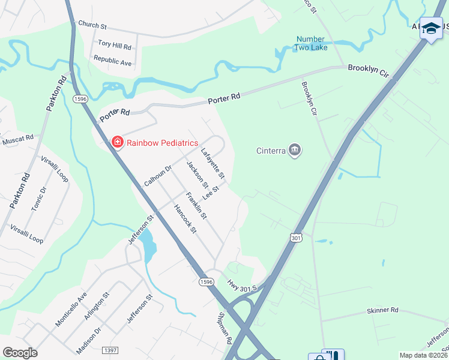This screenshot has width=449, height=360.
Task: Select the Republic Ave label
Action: pyautogui.click(x=112, y=61)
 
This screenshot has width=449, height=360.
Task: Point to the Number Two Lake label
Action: pyautogui.click(x=312, y=43)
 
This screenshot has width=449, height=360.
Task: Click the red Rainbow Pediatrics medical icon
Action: pyautogui.click(x=118, y=142)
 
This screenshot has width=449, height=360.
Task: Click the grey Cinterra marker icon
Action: pyautogui.click(x=294, y=150)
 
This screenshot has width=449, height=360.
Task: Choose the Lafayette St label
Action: pyautogui.click(x=212, y=163)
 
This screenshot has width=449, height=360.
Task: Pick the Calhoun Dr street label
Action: pyautogui.click(x=158, y=175)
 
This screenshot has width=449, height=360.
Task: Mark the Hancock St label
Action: pyautogui.click(x=185, y=218)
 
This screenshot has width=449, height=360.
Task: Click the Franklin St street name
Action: pyautogui.click(x=196, y=205)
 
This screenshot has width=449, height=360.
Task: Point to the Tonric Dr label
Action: pyautogui.click(x=39, y=199)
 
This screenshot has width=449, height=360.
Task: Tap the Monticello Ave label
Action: pyautogui.click(x=71, y=309)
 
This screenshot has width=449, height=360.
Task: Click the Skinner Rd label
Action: pyautogui.click(x=382, y=310)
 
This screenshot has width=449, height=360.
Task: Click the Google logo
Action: pyautogui.click(x=20, y=353)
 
